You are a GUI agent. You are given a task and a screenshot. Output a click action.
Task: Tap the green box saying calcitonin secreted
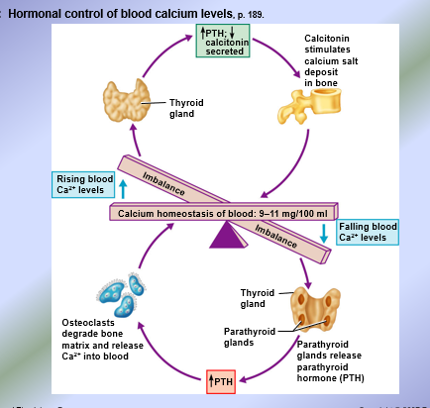[222, 44]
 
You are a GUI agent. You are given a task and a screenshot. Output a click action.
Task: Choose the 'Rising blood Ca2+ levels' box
[84, 183]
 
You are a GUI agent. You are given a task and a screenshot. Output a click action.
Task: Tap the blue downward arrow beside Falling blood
[324, 234]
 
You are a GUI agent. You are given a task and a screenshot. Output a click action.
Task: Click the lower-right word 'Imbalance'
[275, 239]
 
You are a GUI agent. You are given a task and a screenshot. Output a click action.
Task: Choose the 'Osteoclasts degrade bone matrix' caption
[95, 339]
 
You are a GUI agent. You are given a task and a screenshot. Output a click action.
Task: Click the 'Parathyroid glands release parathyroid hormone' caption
[337, 359]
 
